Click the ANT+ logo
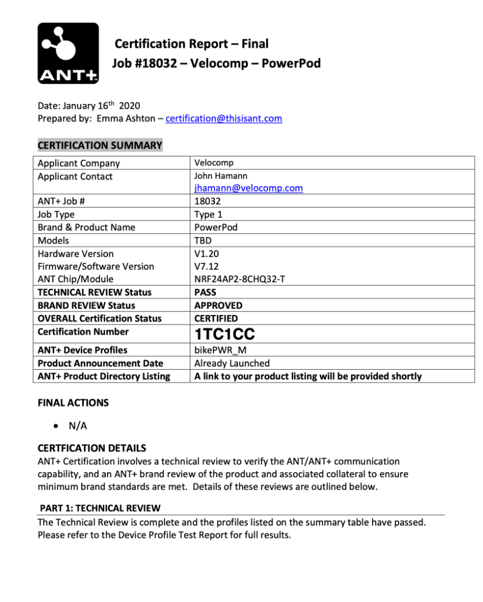point(68,53)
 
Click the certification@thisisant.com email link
point(224,119)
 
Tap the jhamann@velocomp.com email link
point(249,188)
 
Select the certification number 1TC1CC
point(224,335)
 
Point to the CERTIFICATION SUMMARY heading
point(99,145)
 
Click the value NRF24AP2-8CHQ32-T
point(240,279)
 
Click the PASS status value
point(205,292)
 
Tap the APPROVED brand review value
point(218,305)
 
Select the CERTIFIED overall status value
point(216,318)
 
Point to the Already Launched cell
point(232,363)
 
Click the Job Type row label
point(56,215)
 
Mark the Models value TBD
point(203,240)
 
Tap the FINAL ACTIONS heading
point(73,403)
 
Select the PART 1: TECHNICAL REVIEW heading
point(100,508)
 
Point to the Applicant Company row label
point(79,163)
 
